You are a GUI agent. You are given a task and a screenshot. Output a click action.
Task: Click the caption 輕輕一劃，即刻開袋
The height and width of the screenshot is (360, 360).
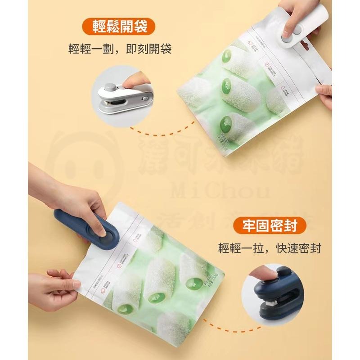click(121, 49)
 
